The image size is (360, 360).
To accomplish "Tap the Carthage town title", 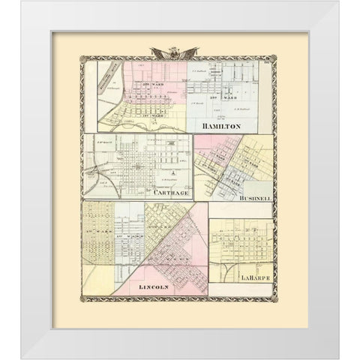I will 174,190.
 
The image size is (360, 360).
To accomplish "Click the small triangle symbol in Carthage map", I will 174,172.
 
